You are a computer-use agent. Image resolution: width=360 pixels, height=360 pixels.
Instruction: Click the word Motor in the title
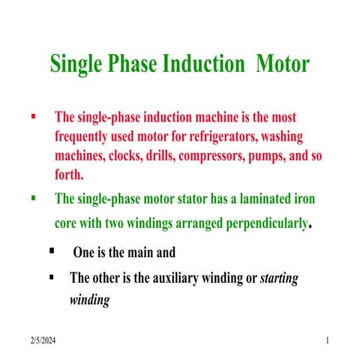283,64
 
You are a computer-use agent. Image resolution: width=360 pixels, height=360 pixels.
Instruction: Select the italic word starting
279,278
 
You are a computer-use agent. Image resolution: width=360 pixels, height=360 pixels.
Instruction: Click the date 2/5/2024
43,342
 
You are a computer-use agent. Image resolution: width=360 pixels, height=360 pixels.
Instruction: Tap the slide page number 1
328,342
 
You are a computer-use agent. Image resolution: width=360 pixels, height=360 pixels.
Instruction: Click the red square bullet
32,117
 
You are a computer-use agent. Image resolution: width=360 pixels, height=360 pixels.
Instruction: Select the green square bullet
32,198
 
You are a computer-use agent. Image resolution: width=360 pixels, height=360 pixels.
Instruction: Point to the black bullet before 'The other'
52,277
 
